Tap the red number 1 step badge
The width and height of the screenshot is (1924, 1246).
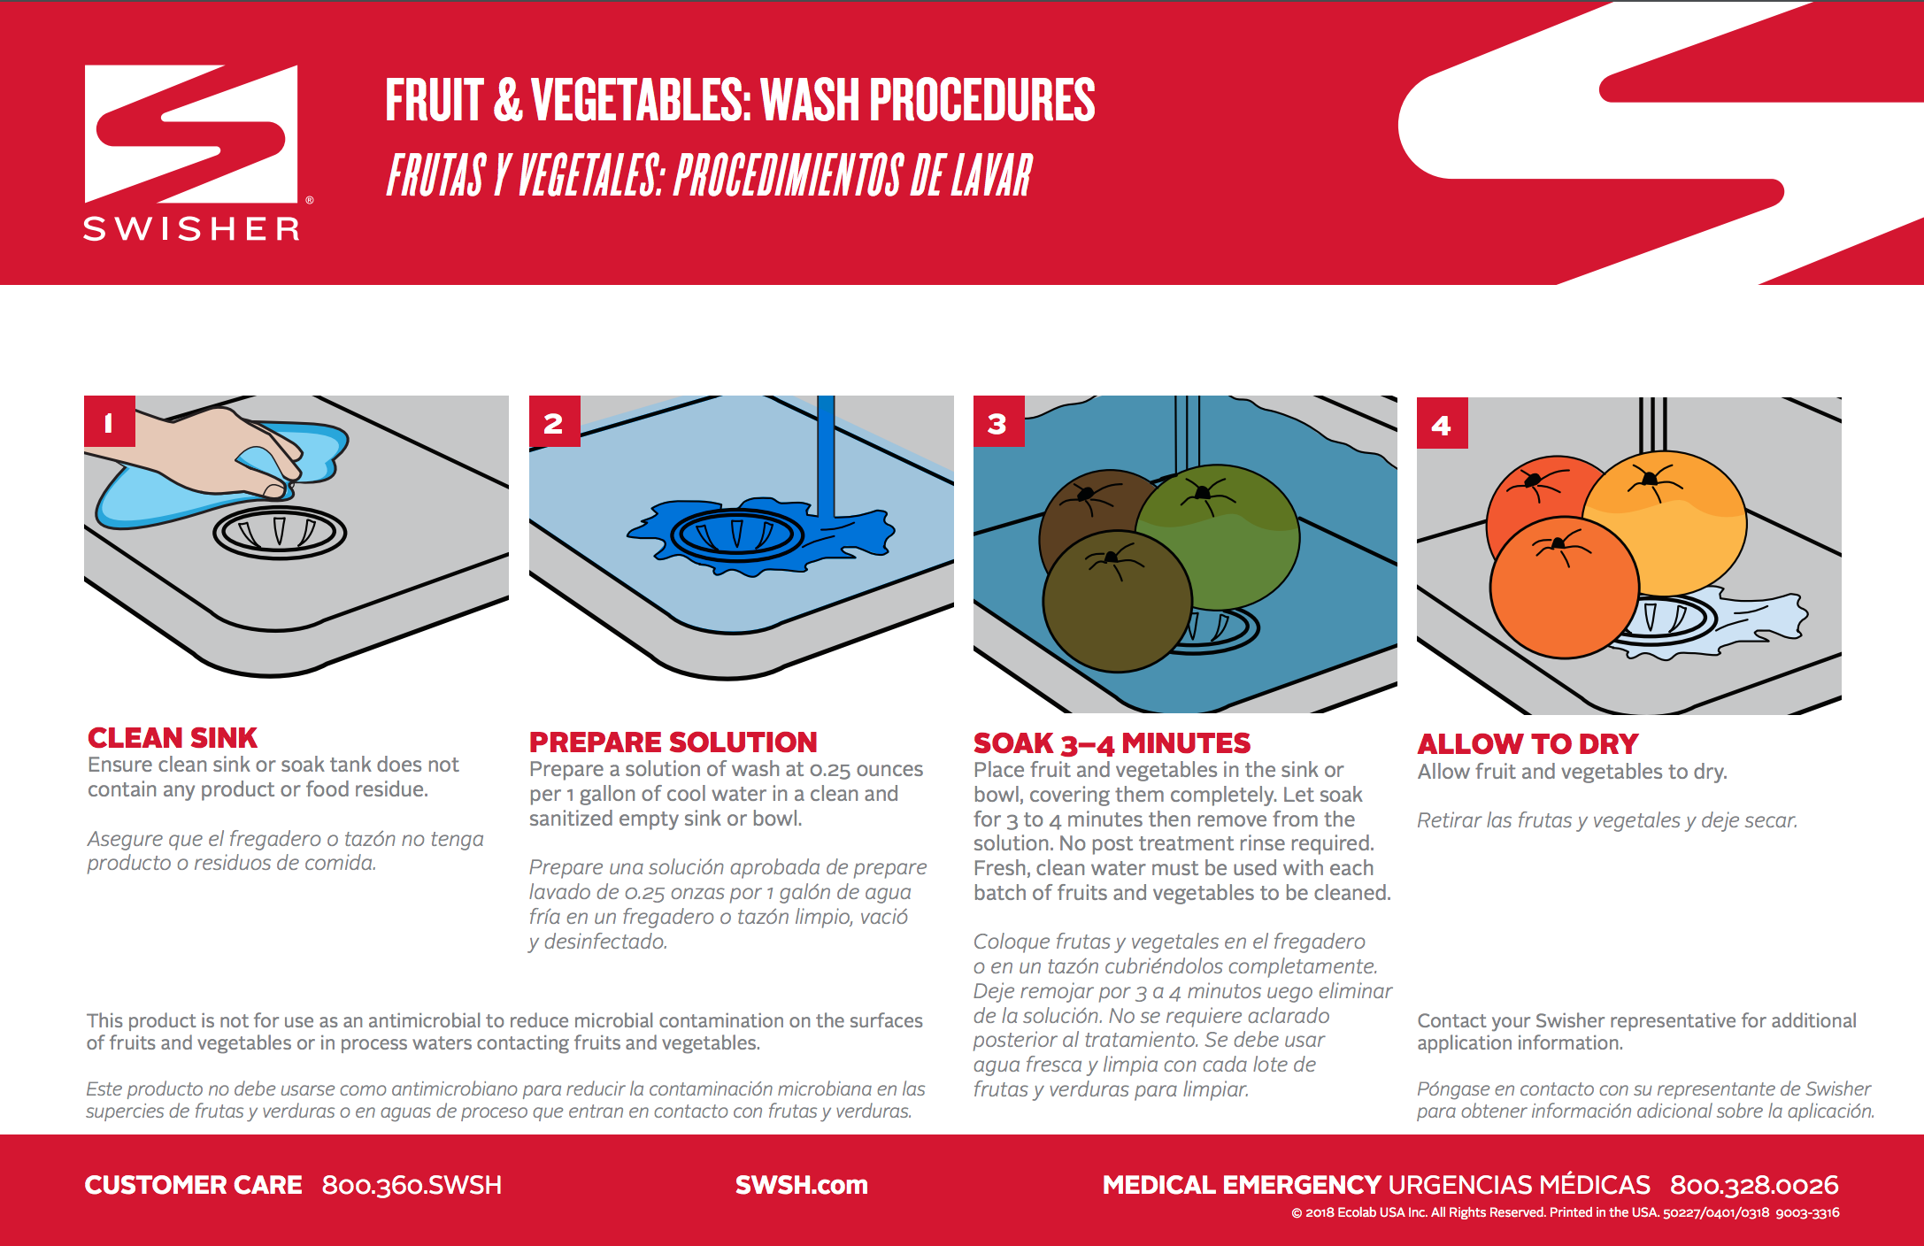click(109, 421)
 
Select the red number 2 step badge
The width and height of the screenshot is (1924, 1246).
click(554, 422)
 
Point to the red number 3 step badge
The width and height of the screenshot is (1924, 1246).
click(998, 422)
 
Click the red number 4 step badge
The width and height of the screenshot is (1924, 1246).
click(1442, 424)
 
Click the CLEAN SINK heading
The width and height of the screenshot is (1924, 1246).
click(173, 738)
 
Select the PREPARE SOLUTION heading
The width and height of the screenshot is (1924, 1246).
click(673, 742)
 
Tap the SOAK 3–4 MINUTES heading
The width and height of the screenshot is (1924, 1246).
click(1112, 743)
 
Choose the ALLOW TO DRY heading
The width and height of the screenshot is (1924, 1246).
click(1528, 744)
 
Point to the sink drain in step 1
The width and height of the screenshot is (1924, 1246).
click(280, 532)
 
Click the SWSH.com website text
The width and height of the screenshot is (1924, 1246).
click(801, 1185)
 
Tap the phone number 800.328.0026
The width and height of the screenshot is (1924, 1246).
click(1754, 1185)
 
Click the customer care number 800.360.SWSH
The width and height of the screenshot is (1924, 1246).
click(412, 1185)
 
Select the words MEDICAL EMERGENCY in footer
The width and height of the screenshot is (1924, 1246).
click(1241, 1185)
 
